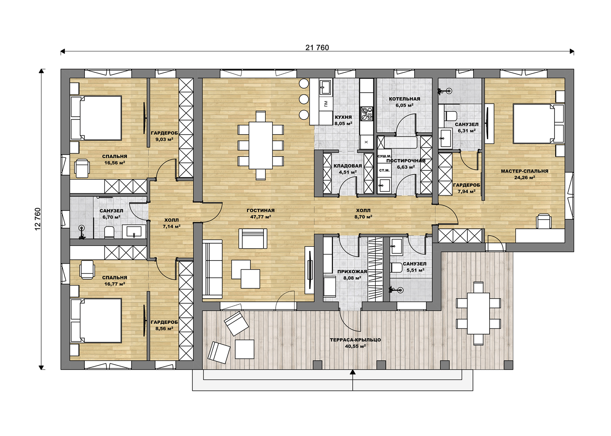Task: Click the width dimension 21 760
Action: (317, 48)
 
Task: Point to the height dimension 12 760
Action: (38, 219)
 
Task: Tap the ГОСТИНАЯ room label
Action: (260, 211)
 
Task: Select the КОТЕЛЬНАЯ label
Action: (404, 99)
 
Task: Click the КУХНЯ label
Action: (343, 117)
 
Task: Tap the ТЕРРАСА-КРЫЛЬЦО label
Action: (355, 340)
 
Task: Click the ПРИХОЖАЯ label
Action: (352, 272)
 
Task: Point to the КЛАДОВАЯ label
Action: (348, 166)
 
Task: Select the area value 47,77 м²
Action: (260, 217)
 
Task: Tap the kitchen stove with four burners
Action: (367, 114)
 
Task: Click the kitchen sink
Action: (325, 87)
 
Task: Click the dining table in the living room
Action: (260, 145)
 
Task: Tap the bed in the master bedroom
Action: (534, 124)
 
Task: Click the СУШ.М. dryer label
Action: (384, 156)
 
